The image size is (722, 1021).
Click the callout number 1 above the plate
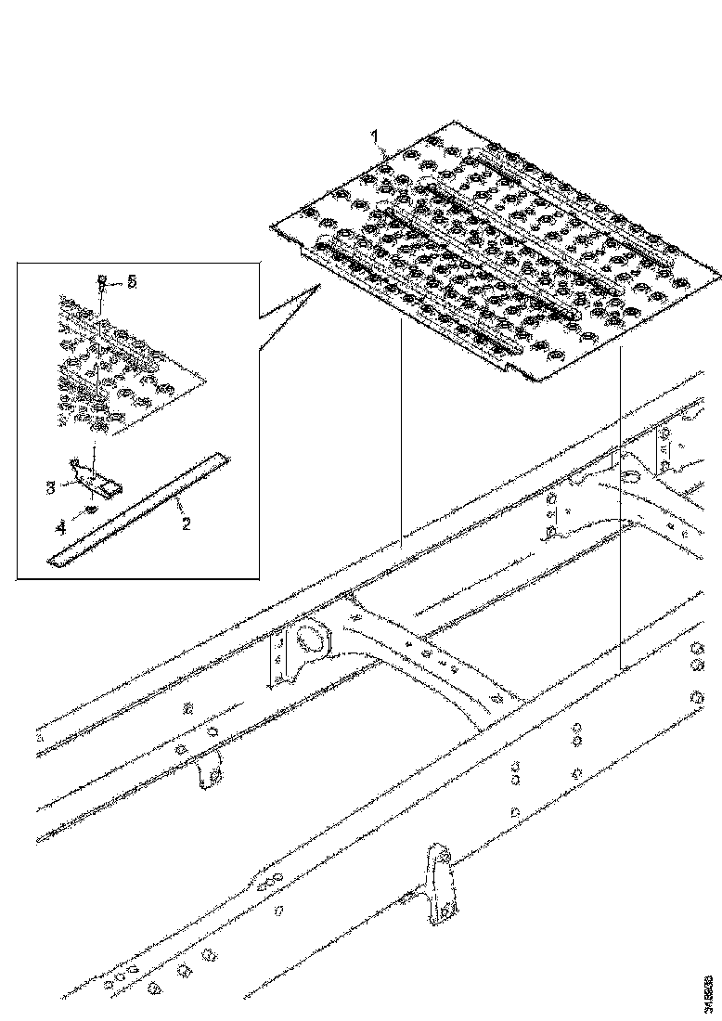tap(377, 136)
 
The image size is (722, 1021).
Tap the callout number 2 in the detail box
tap(186, 524)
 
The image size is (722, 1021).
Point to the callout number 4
tap(60, 527)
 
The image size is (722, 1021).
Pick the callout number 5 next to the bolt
tap(131, 281)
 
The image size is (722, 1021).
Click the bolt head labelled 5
tap(101, 278)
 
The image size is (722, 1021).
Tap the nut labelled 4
tap(91, 510)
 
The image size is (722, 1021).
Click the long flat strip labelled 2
tap(139, 509)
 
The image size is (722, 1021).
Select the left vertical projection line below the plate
tap(401, 436)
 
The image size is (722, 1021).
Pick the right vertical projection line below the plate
tap(618, 520)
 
